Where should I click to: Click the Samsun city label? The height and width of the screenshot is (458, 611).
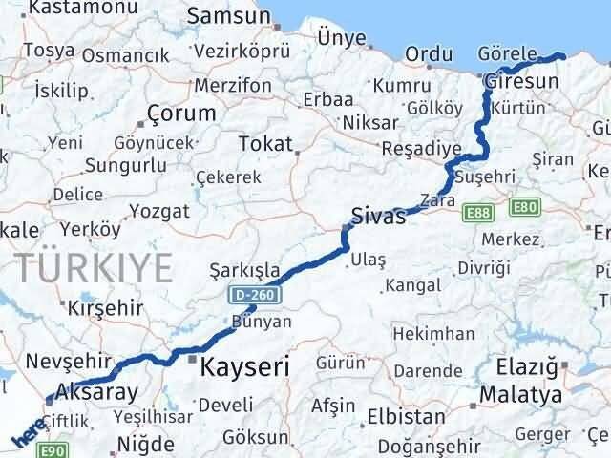229,15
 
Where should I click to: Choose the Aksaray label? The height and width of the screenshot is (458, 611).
96,390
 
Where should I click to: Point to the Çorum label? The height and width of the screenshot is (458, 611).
181,113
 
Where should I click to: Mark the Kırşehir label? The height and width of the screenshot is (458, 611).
105,307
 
